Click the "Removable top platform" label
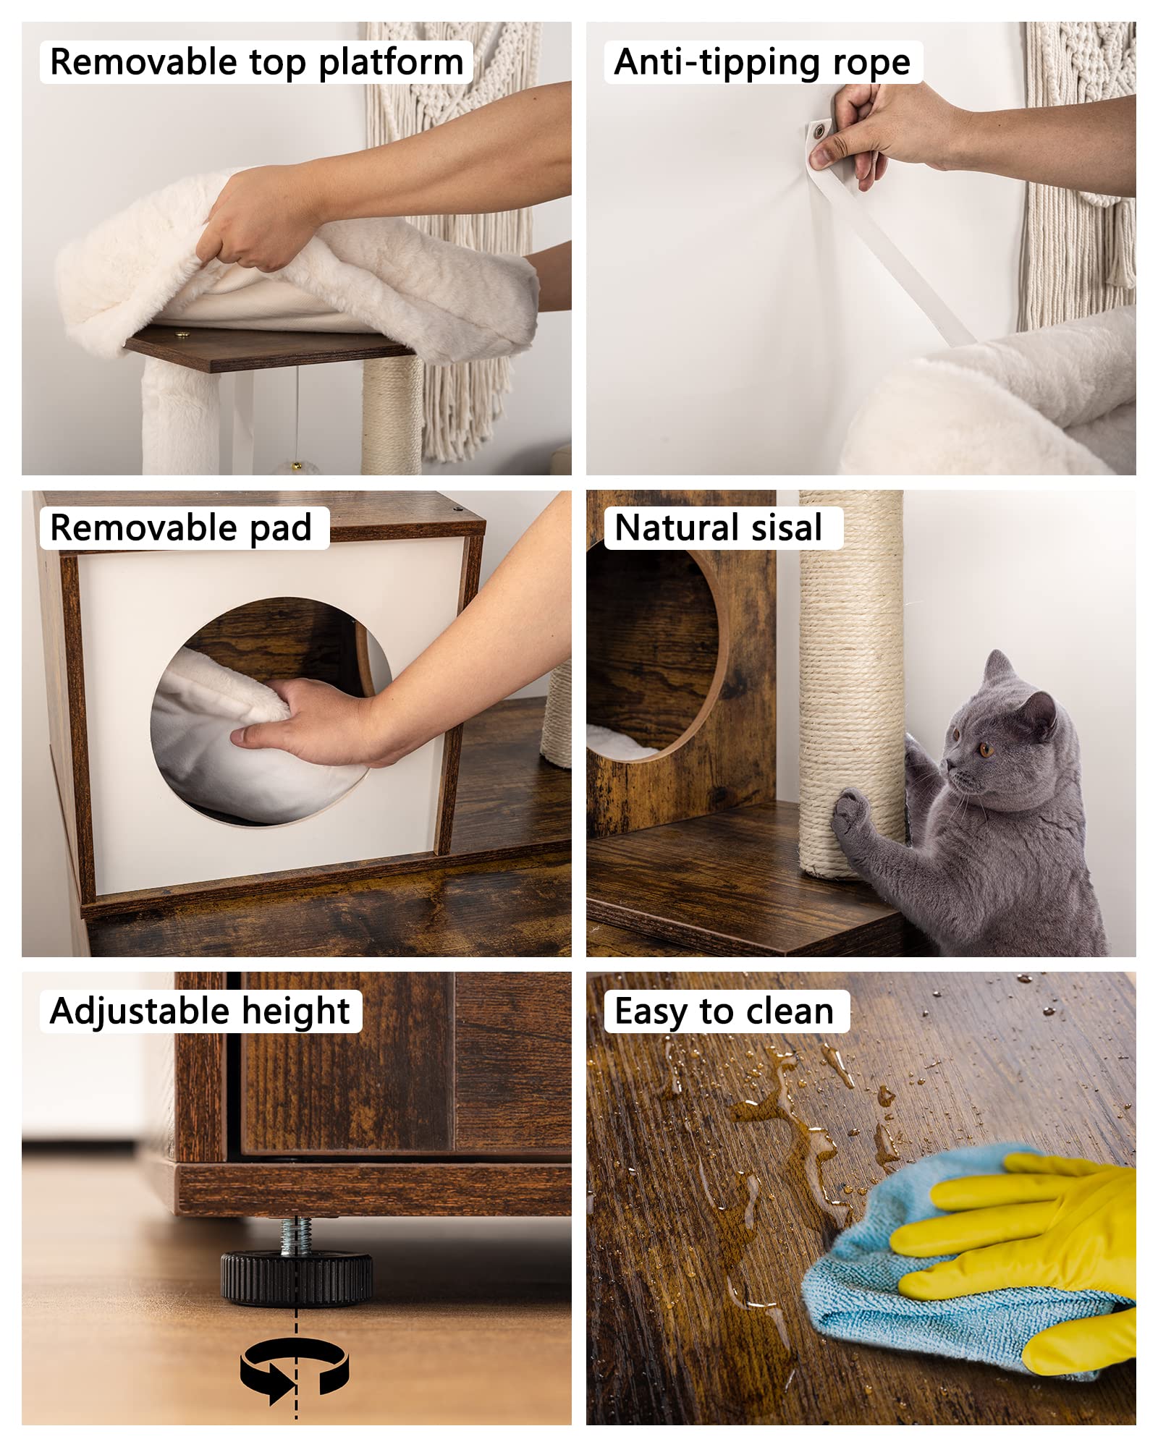click(x=256, y=62)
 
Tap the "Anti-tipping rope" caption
click(x=762, y=62)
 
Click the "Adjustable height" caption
click(x=200, y=1011)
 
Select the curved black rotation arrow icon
click(x=295, y=1367)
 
